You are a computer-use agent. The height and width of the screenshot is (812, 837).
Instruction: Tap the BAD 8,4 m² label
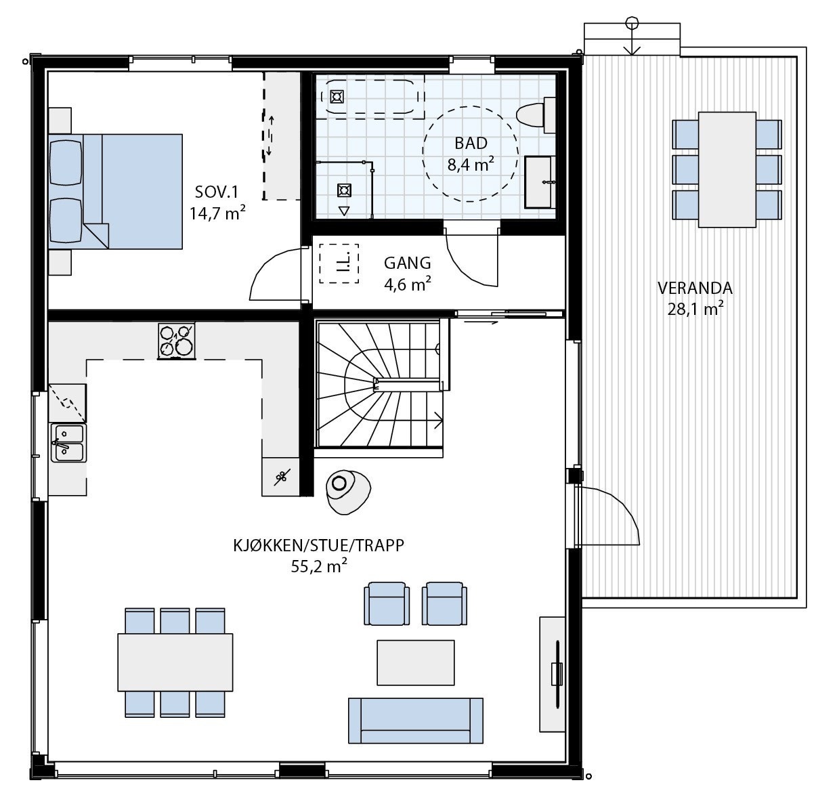point(470,153)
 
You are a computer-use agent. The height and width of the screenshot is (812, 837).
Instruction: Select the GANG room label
point(407,273)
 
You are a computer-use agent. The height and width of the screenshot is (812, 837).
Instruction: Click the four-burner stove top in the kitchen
point(176,340)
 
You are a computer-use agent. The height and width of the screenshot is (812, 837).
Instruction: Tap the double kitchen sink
point(68,443)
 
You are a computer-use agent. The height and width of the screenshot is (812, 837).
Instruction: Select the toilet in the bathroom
point(535,114)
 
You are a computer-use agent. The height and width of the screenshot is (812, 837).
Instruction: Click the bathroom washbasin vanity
point(540,181)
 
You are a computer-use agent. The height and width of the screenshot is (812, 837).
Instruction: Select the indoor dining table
point(175,662)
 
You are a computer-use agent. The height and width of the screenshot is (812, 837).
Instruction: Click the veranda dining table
point(727,169)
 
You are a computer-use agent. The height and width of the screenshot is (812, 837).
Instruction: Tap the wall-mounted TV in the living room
point(557,673)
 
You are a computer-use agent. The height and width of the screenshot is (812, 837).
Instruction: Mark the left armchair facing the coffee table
point(387,603)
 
